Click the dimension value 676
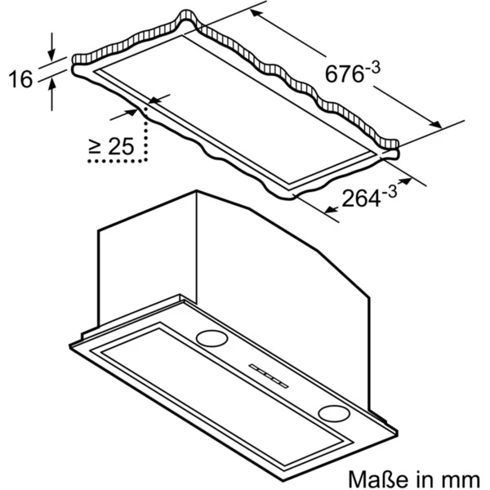coord(345,74)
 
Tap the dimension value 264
coord(362,198)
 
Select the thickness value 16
coord(20,79)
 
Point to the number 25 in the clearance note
coord(121,146)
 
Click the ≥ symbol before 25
coord(95,146)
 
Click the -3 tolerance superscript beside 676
coord(373,68)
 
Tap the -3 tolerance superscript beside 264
coord(390,191)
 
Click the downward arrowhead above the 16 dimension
coord(52,55)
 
